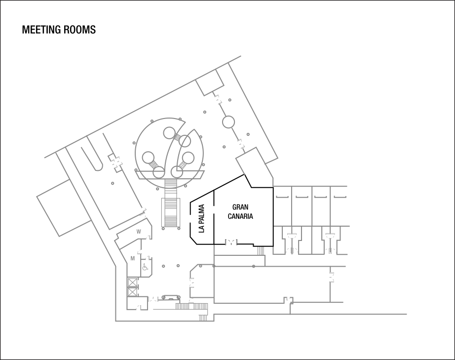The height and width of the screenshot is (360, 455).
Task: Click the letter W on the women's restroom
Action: click(139, 231)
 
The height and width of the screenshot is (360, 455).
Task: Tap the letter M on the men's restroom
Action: click(132, 258)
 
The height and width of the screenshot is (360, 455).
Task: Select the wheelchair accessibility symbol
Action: click(145, 268)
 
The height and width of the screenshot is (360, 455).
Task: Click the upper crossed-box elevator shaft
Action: click(132, 283)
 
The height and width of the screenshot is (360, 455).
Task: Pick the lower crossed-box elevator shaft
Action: click(132, 292)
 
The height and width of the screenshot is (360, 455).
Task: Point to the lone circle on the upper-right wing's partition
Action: click(228, 122)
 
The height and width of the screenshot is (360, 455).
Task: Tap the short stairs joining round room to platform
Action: click(170, 184)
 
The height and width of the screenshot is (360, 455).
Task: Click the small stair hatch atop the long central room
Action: click(261, 251)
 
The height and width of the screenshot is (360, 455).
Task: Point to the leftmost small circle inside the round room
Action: click(148, 158)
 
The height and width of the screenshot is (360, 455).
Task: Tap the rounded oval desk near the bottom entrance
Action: click(170, 298)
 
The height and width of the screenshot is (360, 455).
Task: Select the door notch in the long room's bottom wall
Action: click(288, 300)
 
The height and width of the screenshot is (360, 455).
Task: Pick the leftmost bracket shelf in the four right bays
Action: click(282, 197)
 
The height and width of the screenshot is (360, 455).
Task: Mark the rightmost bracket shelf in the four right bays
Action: click(340, 197)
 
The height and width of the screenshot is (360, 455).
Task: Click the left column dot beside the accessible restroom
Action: click(164, 266)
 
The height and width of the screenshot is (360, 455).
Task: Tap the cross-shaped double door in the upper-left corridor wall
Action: click(115, 162)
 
